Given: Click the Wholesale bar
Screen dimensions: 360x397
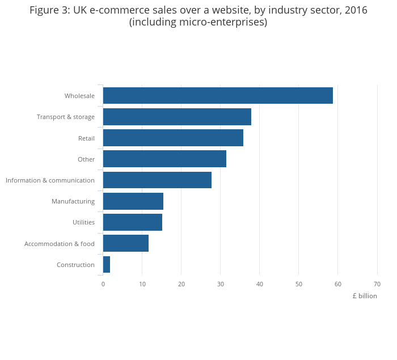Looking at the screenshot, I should [218, 96].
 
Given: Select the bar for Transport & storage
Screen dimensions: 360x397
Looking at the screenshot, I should [177, 117].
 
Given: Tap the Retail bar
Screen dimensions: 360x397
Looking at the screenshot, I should [173, 138].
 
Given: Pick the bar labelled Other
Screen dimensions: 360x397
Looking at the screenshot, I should [164, 159].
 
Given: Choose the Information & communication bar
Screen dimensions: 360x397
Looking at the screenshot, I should [157, 180].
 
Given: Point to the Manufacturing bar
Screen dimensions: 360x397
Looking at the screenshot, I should [133, 201].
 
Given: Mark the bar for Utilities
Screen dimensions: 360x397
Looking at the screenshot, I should [133, 222].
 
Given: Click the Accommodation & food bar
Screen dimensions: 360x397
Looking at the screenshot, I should [126, 243].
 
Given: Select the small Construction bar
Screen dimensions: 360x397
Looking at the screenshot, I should [107, 265].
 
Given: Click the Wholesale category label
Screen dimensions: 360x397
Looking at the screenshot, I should [79, 96].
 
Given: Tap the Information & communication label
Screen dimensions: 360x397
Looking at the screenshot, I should [50, 180].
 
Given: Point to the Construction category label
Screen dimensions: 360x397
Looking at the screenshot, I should [75, 265].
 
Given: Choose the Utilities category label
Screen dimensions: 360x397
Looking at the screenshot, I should [83, 222].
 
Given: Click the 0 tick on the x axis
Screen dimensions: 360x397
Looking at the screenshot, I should [103, 284].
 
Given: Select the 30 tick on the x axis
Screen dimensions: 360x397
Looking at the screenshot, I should [220, 284].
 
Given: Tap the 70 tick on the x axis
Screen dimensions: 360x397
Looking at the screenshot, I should [377, 284].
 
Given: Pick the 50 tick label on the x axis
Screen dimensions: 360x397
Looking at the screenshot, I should [298, 284].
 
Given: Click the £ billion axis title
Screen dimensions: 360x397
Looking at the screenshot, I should [364, 296].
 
